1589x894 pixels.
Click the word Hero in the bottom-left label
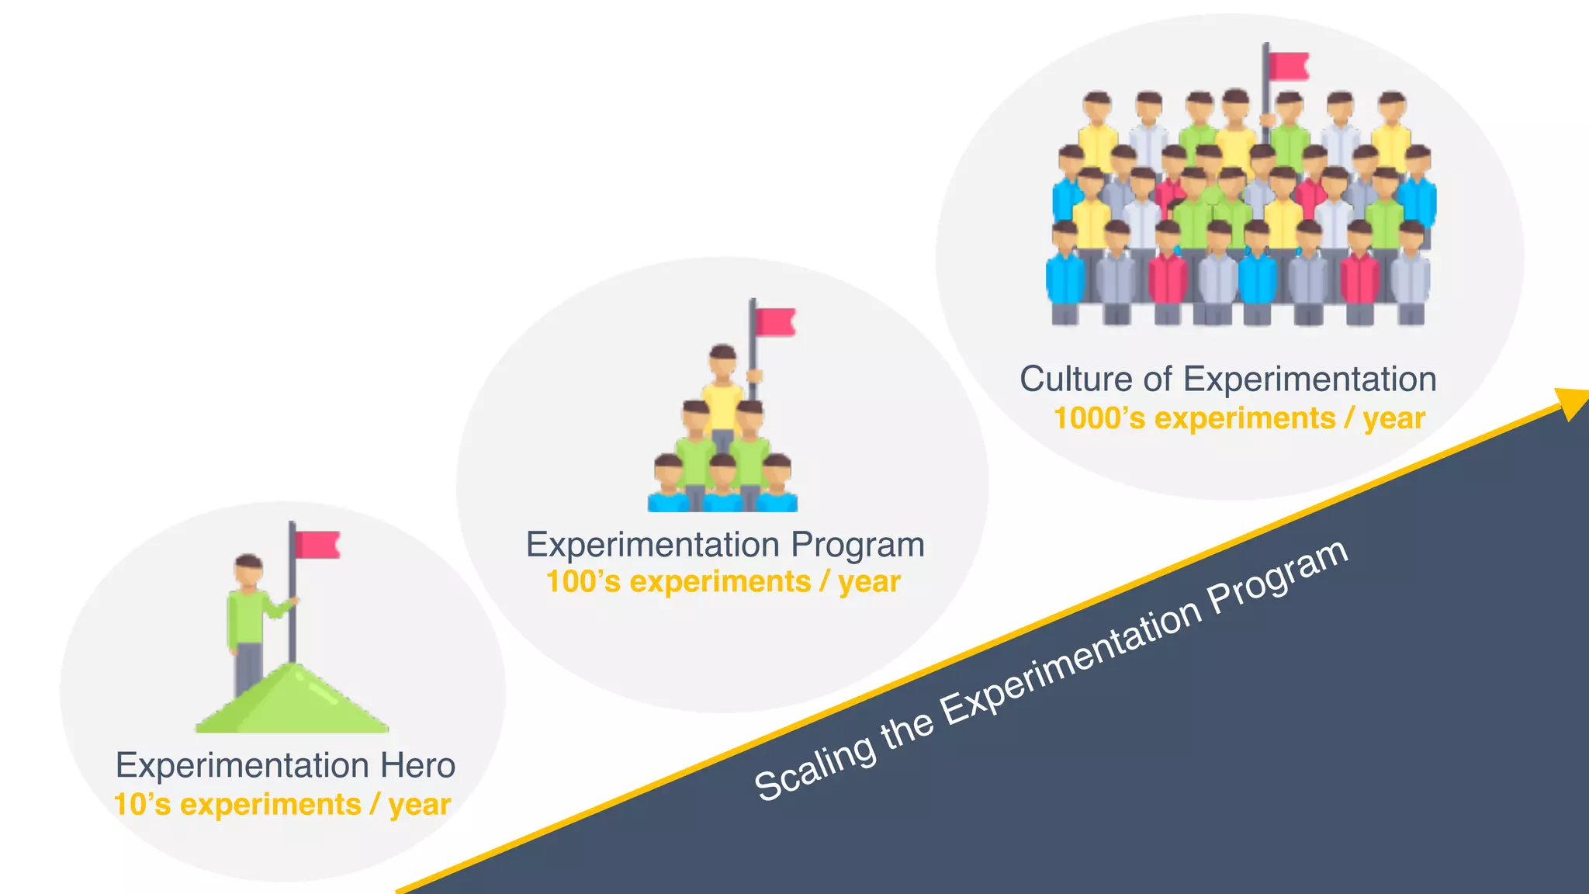(x=417, y=766)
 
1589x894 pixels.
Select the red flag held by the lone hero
(x=317, y=545)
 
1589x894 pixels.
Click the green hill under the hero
(x=293, y=702)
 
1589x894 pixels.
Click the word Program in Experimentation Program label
(x=857, y=546)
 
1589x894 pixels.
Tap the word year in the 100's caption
(x=869, y=582)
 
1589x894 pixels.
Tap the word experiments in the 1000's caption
(x=1245, y=419)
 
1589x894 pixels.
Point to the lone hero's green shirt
(x=247, y=617)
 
